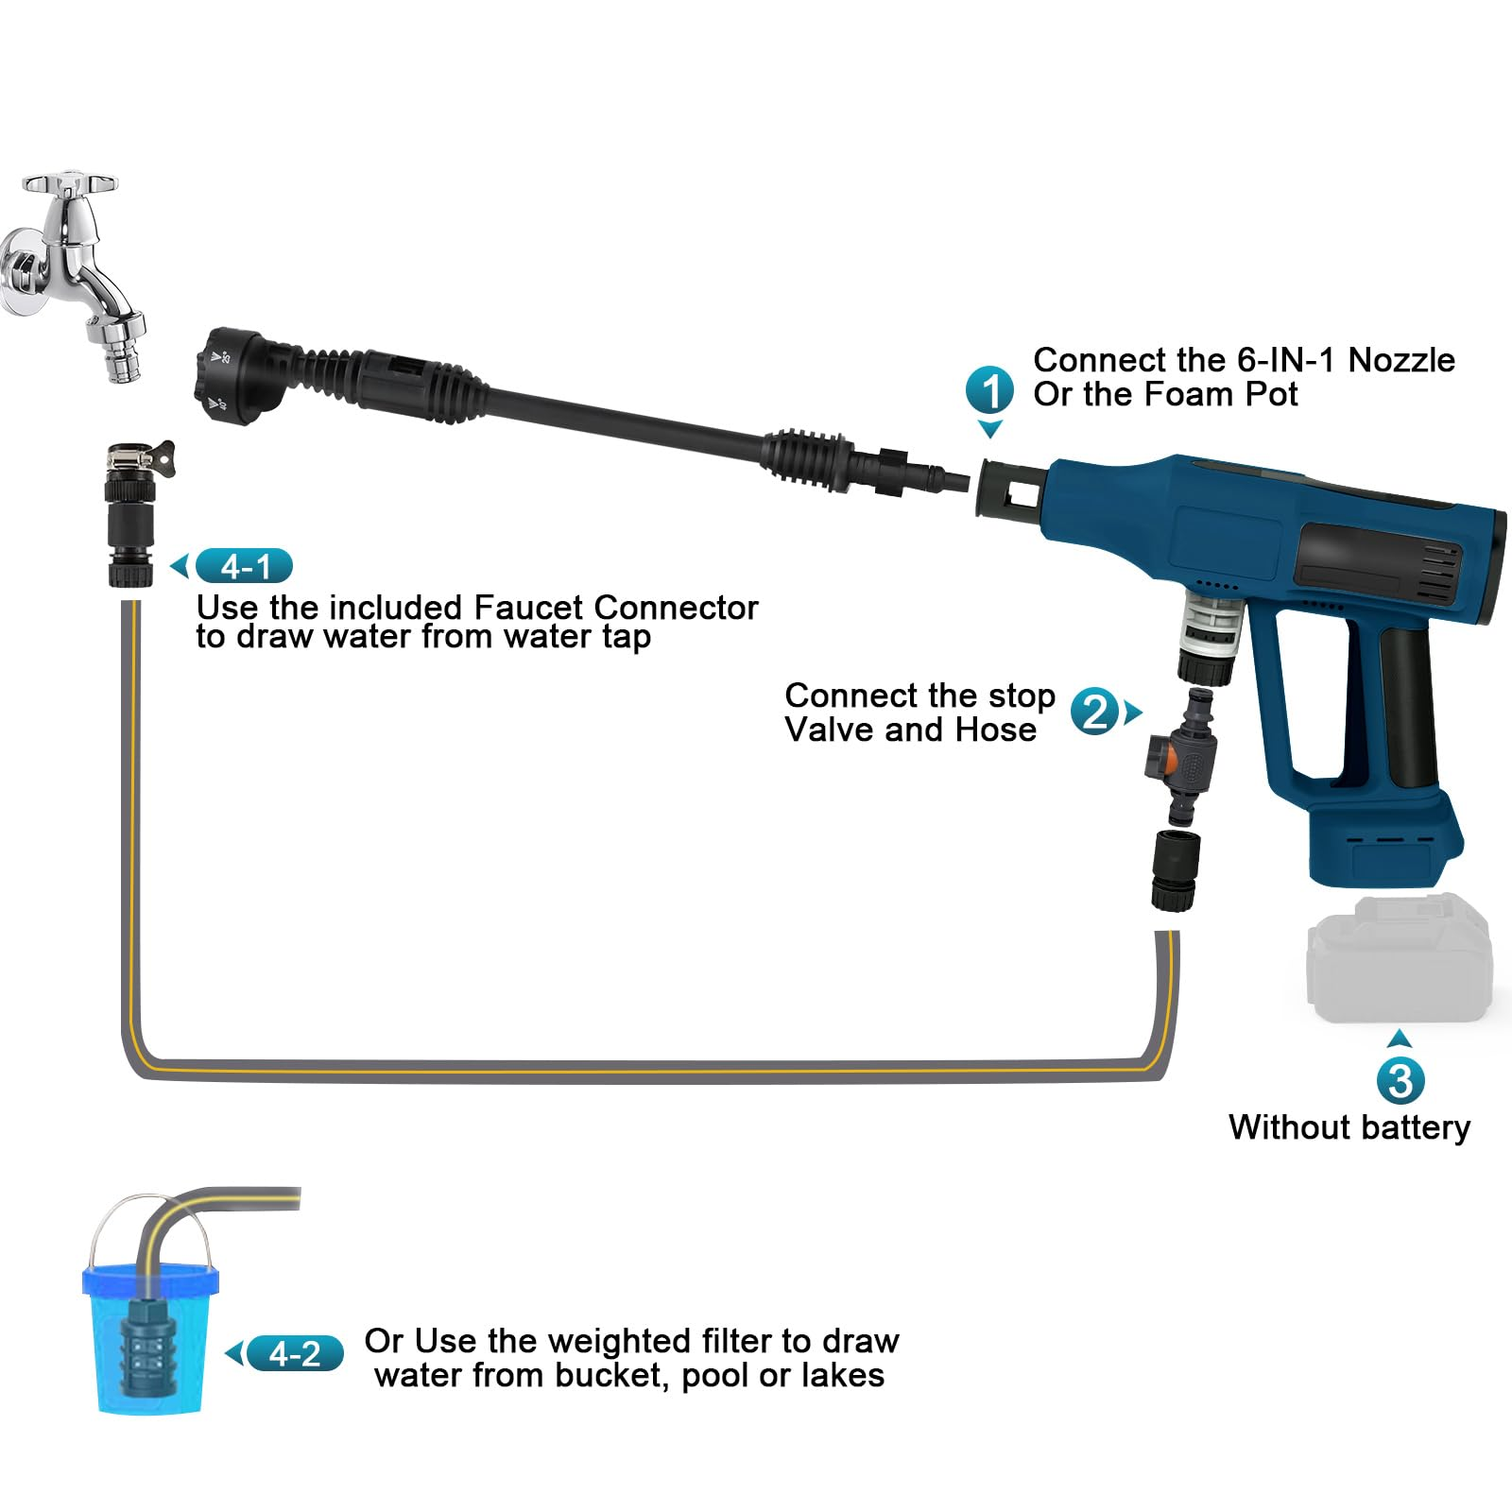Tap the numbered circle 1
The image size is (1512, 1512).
989,390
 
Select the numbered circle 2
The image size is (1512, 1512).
1095,712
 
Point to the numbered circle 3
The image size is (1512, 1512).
1400,1081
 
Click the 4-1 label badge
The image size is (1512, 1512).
244,566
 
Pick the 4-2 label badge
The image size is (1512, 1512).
295,1354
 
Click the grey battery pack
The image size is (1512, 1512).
1399,958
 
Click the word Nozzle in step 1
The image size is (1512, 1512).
1401,360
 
